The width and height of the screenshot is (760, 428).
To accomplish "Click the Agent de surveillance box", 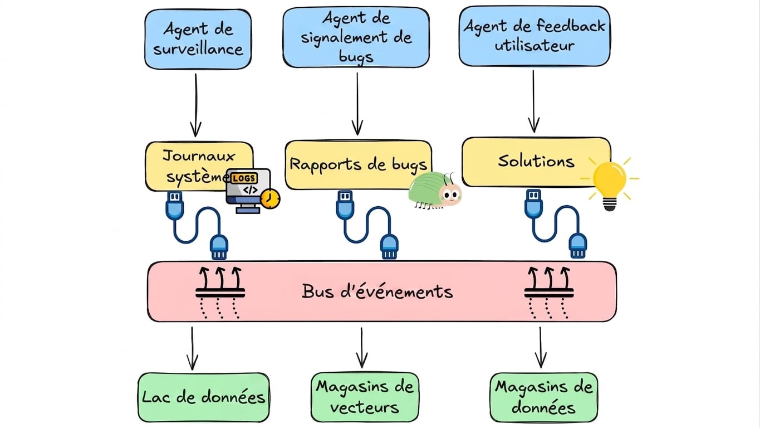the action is [198, 40].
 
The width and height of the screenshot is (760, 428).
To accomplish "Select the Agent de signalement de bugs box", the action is [356, 37].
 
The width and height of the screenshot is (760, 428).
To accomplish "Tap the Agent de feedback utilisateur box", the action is [535, 36].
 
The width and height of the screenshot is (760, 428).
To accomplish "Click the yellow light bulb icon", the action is [610, 184].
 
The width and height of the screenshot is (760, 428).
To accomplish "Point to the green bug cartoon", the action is [435, 190].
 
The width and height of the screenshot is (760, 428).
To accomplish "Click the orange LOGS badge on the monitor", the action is [244, 178].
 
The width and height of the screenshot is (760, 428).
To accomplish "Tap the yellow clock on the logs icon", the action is [270, 199].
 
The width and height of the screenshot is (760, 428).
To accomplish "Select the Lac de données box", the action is [204, 397].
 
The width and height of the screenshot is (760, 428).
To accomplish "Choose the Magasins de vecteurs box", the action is [365, 397].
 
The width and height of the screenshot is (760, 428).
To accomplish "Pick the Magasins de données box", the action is [543, 397].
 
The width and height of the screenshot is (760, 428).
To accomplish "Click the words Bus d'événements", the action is [377, 291].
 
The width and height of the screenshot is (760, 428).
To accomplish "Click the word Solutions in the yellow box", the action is [536, 161].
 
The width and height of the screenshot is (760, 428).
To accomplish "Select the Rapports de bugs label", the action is [358, 165].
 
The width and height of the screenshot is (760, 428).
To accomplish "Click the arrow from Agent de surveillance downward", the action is [195, 105].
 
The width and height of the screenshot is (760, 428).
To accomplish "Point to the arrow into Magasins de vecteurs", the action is [362, 348].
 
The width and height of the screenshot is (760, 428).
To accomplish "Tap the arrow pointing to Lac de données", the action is [192, 348].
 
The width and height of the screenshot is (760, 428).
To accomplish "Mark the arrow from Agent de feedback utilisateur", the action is [534, 101].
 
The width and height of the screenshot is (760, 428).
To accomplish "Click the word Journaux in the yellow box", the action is [198, 157].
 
